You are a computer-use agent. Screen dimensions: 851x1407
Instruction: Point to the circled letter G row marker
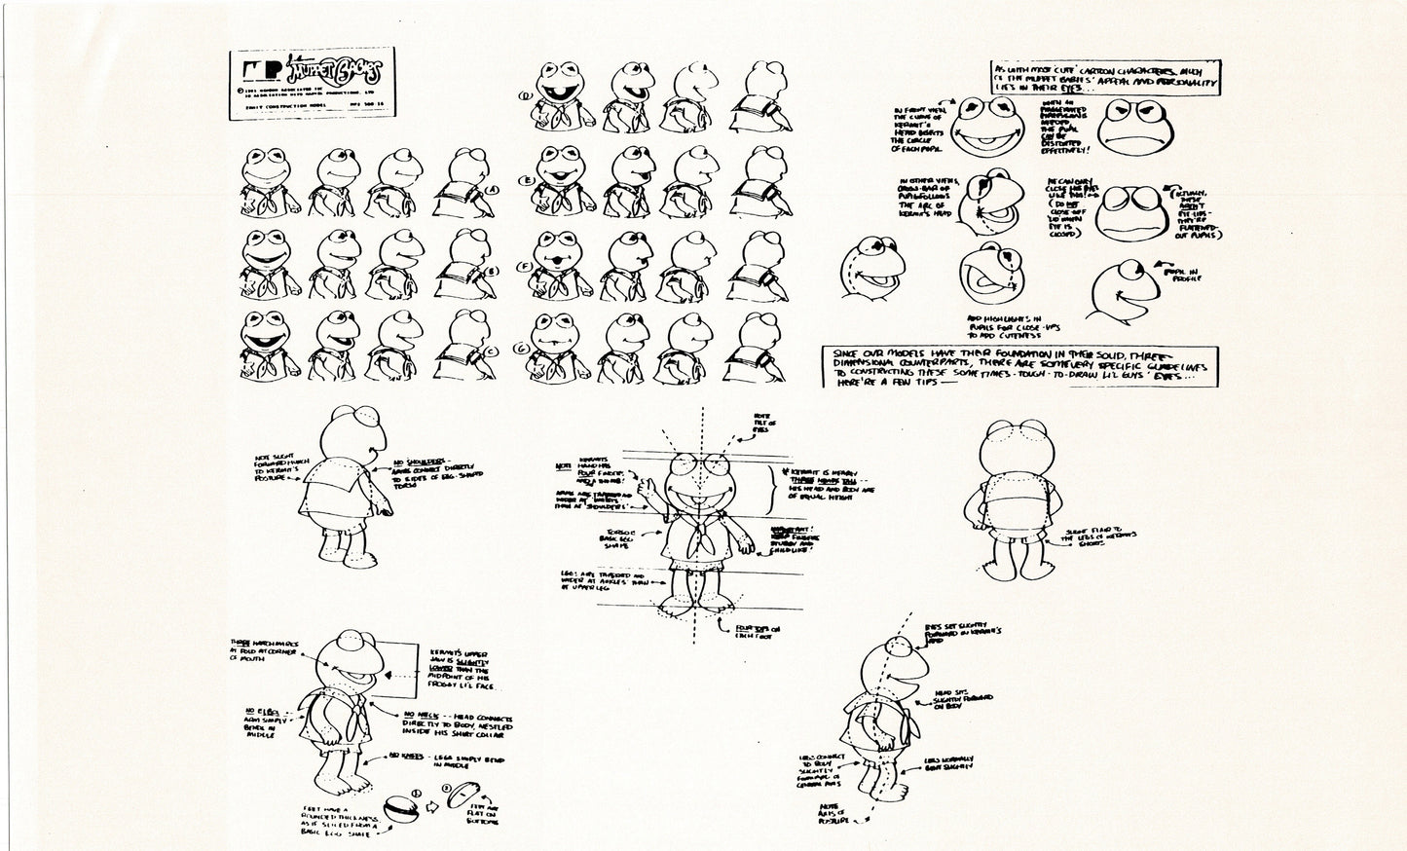tap(523, 348)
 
